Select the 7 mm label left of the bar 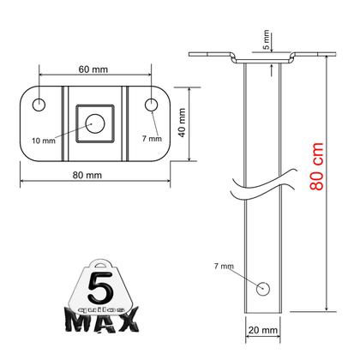click(224, 267)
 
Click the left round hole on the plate click(39, 105)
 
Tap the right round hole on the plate click(151, 105)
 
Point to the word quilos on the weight click(103, 304)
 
